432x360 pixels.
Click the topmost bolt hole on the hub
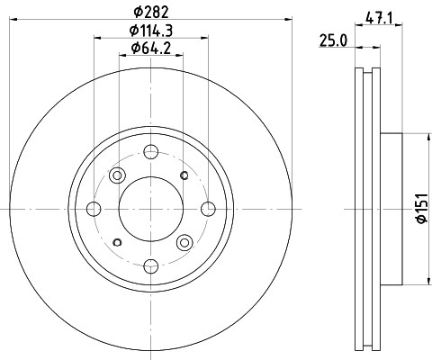(150, 153)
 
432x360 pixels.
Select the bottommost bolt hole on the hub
(150, 265)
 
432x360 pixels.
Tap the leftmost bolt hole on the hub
(94, 209)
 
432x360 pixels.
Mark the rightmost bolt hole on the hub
(207, 209)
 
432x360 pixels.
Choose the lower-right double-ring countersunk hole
(185, 241)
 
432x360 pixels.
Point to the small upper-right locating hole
(184, 175)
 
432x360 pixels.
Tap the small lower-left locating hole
(117, 242)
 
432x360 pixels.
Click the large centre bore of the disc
(150, 209)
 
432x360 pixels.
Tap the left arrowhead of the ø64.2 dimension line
(123, 56)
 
